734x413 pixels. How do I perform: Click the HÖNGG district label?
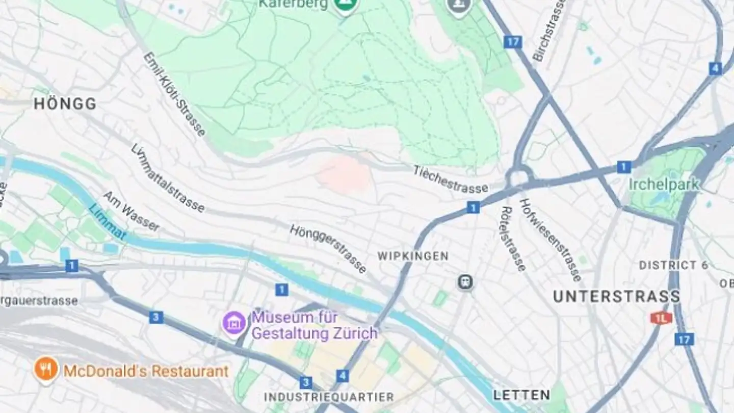pos(65,104)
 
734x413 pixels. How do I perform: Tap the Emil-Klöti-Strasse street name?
pos(174,94)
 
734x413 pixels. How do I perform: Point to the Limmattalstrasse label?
pos(168,178)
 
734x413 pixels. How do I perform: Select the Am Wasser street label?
pos(131,211)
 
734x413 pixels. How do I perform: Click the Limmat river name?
pos(107,222)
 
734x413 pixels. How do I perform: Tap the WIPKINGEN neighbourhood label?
pos(413,256)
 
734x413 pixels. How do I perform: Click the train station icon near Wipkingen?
pos(464,282)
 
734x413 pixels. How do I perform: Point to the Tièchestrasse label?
pos(450,179)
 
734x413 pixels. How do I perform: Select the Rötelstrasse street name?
pos(513,239)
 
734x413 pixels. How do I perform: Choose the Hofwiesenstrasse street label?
pos(550,240)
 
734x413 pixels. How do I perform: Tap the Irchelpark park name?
pos(664,184)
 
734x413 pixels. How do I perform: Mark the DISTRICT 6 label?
pos(674,265)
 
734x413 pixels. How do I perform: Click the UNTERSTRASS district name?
pos(616,296)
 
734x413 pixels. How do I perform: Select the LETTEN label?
pos(521,395)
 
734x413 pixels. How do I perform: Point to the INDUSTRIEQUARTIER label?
pos(329,397)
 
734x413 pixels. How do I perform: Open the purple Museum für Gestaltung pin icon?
pos(234,322)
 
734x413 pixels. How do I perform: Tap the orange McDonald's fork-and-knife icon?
pos(46,369)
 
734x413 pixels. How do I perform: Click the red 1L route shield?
pos(661,318)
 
